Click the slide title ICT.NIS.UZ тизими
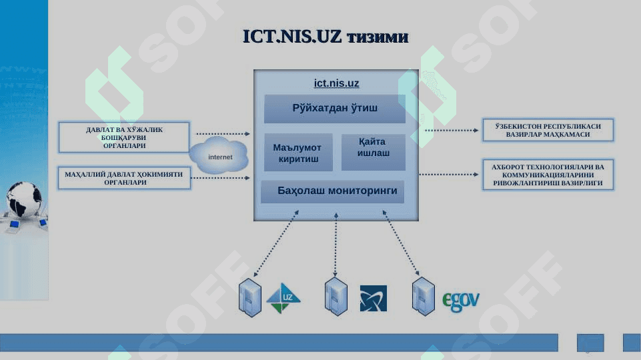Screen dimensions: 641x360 point(326,37)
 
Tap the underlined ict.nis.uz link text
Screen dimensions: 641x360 point(336,83)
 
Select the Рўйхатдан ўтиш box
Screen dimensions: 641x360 point(335,109)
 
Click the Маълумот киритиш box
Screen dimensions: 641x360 point(298,153)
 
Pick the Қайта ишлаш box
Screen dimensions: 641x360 point(374,152)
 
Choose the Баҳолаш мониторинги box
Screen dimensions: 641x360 point(333,191)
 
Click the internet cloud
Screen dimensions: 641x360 point(219,155)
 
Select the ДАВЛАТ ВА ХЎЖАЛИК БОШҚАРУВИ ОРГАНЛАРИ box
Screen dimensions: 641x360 point(124,137)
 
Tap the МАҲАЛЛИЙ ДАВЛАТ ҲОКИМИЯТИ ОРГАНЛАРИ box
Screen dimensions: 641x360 point(124,178)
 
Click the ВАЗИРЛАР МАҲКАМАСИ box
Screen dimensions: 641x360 point(548,131)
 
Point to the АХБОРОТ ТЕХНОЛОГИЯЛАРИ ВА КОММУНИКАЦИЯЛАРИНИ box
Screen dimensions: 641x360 point(548,175)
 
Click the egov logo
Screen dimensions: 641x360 point(461,301)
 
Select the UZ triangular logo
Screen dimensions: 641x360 point(283,298)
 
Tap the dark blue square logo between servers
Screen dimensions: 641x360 point(374,298)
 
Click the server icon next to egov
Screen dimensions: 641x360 point(423,297)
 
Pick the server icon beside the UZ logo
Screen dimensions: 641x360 point(249,297)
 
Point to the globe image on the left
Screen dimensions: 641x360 point(23,199)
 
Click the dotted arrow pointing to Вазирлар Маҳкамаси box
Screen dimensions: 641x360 point(452,131)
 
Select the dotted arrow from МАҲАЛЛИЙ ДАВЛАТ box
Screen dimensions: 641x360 point(221,178)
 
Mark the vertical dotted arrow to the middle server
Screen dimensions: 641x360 point(336,245)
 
